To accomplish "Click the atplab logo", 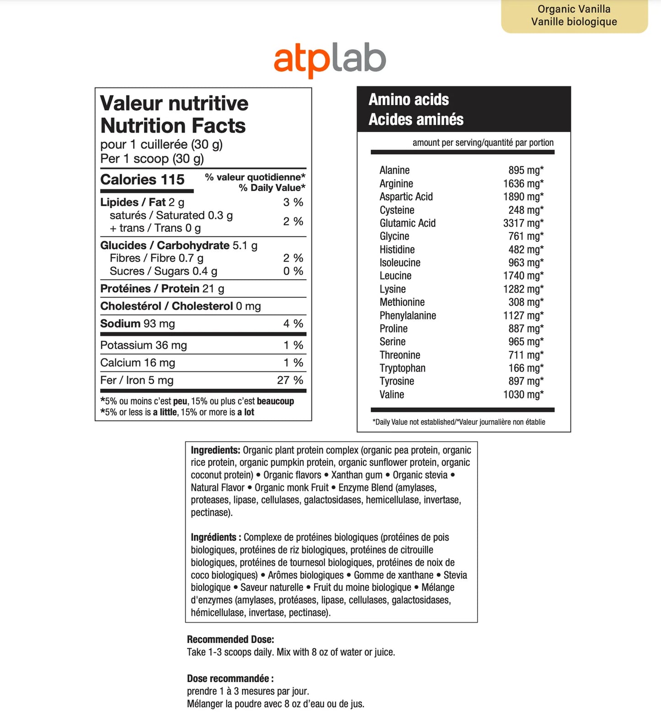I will click(330, 59).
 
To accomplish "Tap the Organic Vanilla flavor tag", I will click(574, 16).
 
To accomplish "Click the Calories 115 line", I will click(142, 180).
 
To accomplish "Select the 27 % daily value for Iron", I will click(290, 380).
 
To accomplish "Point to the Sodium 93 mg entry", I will click(137, 324).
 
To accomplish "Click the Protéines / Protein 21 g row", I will click(162, 289).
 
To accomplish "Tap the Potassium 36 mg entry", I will click(144, 345).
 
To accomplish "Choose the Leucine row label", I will click(395, 276).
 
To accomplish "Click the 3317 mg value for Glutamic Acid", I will click(523, 223).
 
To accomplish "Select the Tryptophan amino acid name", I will click(402, 368).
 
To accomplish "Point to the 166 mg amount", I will click(526, 368).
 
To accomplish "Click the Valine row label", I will click(392, 395).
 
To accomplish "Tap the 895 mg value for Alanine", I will click(526, 170).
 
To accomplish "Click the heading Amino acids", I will click(408, 100).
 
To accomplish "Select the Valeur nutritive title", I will click(174, 103).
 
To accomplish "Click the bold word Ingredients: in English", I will click(215, 450).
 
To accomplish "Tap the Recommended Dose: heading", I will click(231, 640).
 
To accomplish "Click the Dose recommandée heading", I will click(230, 678).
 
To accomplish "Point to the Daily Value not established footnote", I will click(458, 422).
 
